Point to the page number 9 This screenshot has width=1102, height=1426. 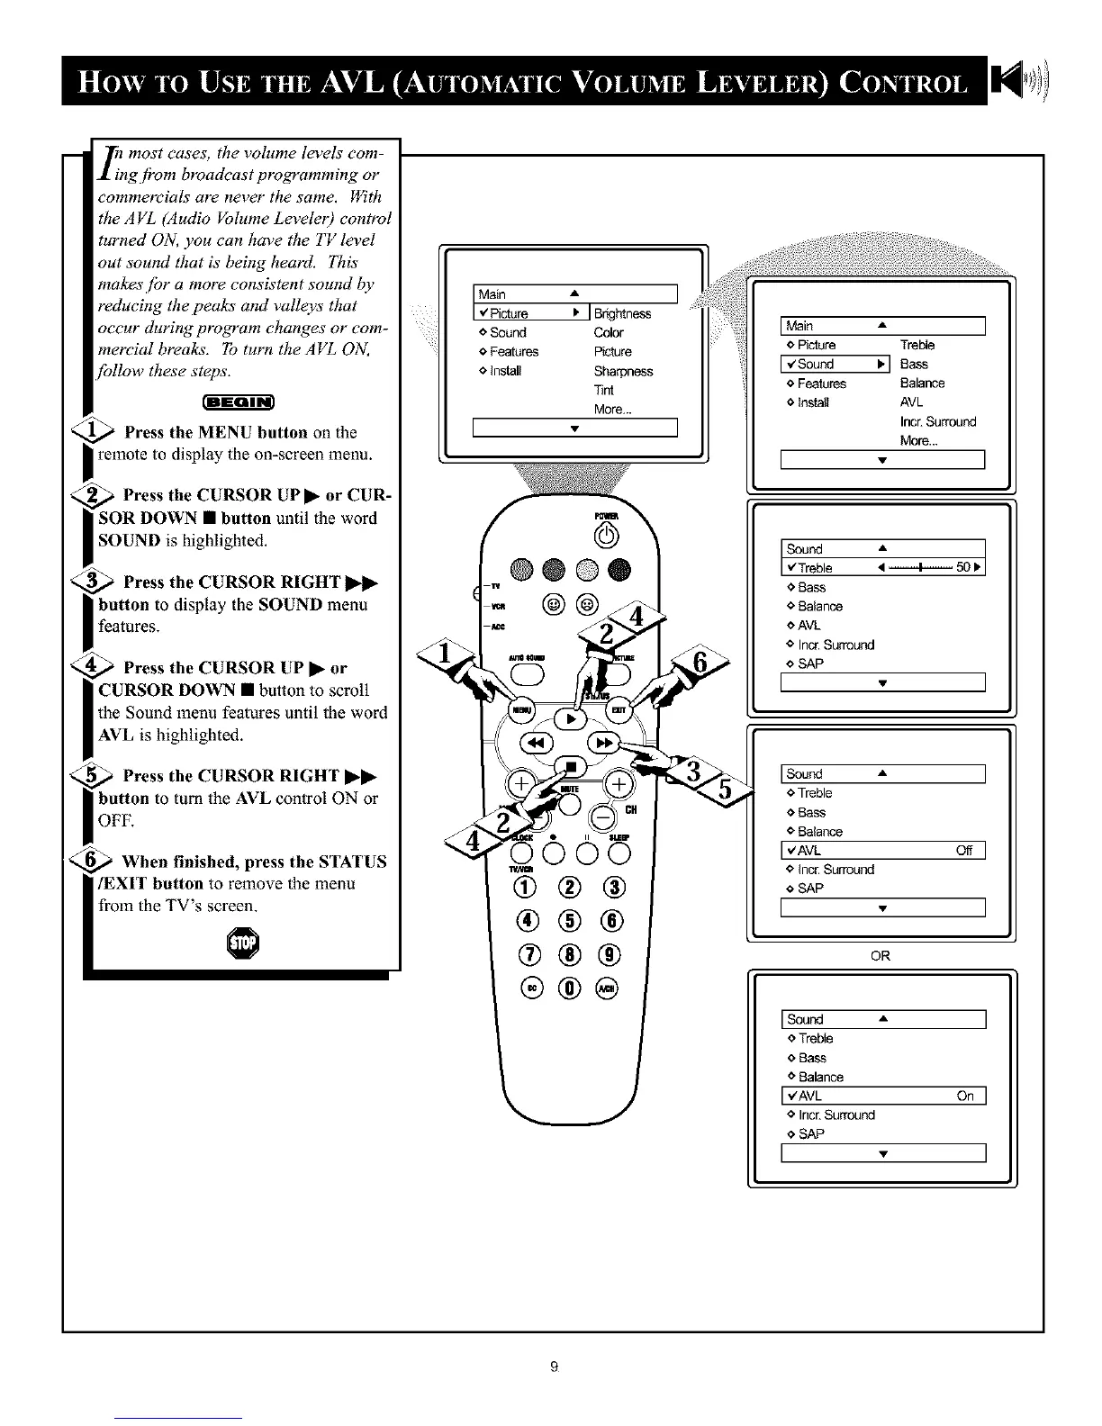[x=555, y=1367]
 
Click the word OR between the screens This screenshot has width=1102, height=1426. [x=881, y=956]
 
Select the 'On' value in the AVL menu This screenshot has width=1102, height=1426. [x=965, y=1096]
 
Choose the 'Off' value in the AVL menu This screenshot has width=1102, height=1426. [x=964, y=851]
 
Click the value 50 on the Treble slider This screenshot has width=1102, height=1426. [x=963, y=567]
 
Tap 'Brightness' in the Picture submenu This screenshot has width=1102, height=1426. [x=622, y=313]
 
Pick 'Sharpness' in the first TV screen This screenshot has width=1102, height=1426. [x=623, y=371]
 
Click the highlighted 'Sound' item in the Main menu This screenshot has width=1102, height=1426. [x=816, y=364]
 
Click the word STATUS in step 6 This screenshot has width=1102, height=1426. [x=346, y=862]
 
